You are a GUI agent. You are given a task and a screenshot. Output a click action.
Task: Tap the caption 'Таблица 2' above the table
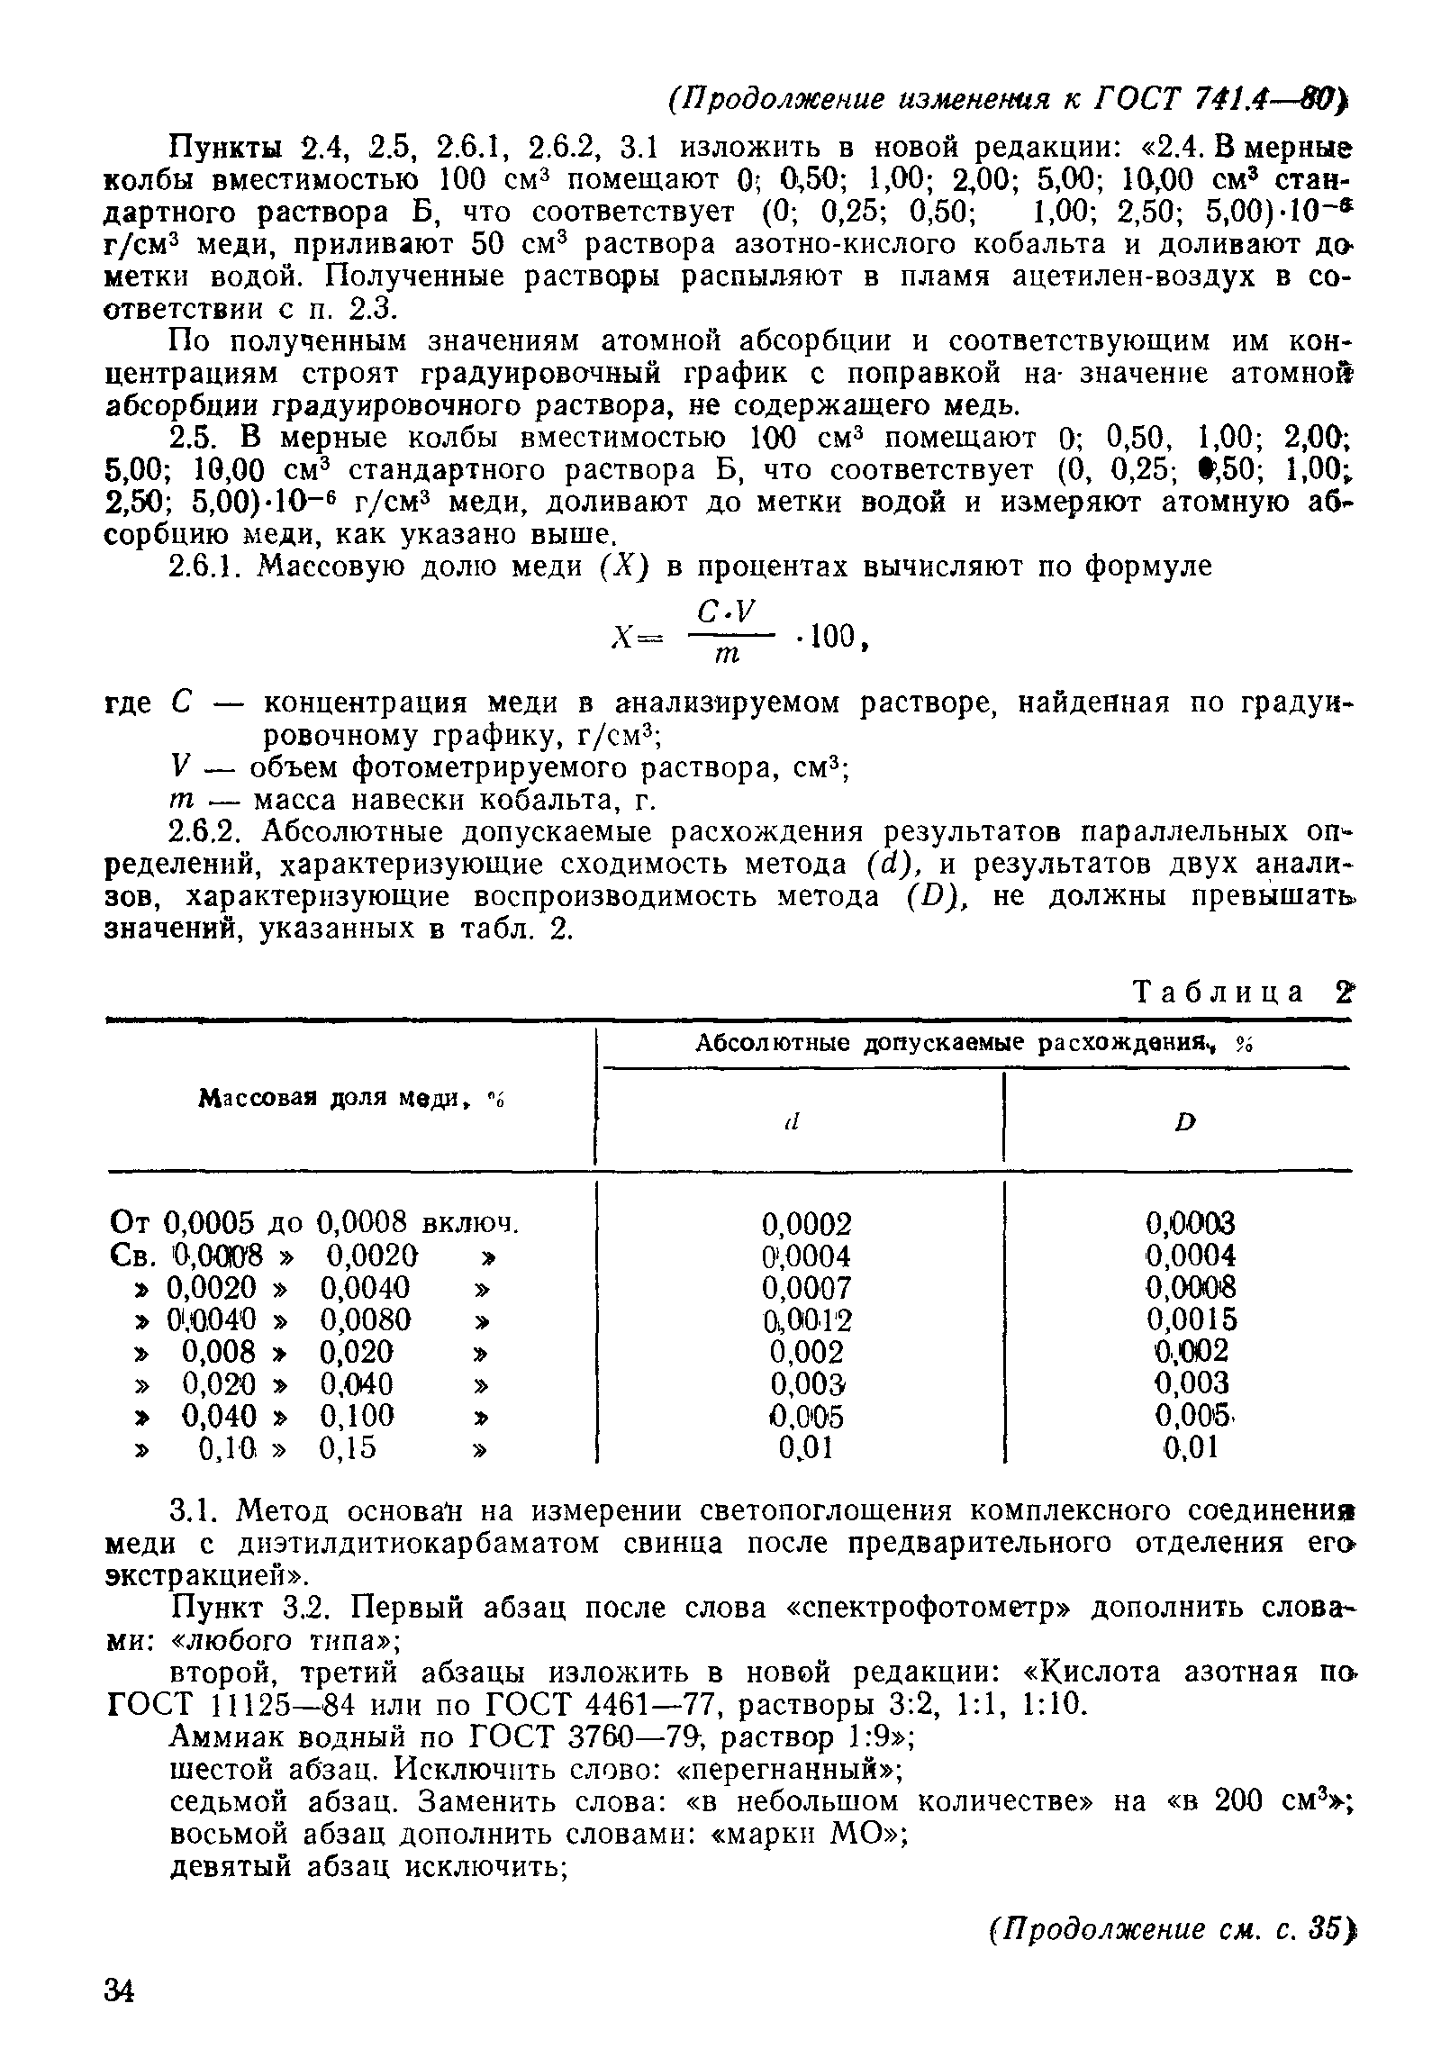[x=1242, y=992]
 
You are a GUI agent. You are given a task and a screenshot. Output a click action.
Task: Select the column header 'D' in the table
[x=1185, y=1121]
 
